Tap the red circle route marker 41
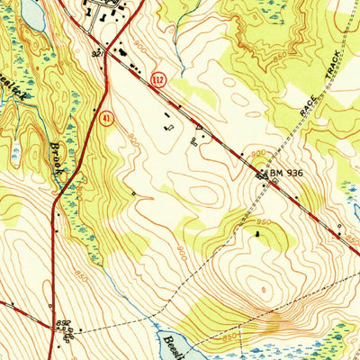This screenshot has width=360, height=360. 106,119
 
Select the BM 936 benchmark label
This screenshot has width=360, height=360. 285,172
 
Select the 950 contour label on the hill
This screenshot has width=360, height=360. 263,220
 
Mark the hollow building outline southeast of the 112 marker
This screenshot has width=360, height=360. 169,127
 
